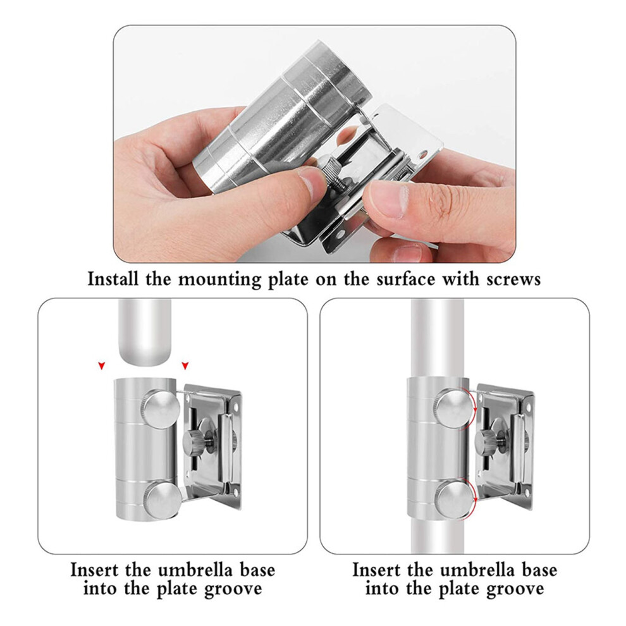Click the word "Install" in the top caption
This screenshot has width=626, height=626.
click(x=113, y=279)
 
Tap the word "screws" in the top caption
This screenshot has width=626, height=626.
click(x=513, y=279)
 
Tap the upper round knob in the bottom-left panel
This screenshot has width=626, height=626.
click(x=160, y=410)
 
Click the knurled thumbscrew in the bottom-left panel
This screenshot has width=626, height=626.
click(x=194, y=442)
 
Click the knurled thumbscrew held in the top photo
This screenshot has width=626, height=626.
click(x=332, y=169)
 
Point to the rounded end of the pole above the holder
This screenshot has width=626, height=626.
click(x=145, y=357)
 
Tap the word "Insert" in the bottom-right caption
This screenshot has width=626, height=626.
click(x=377, y=570)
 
